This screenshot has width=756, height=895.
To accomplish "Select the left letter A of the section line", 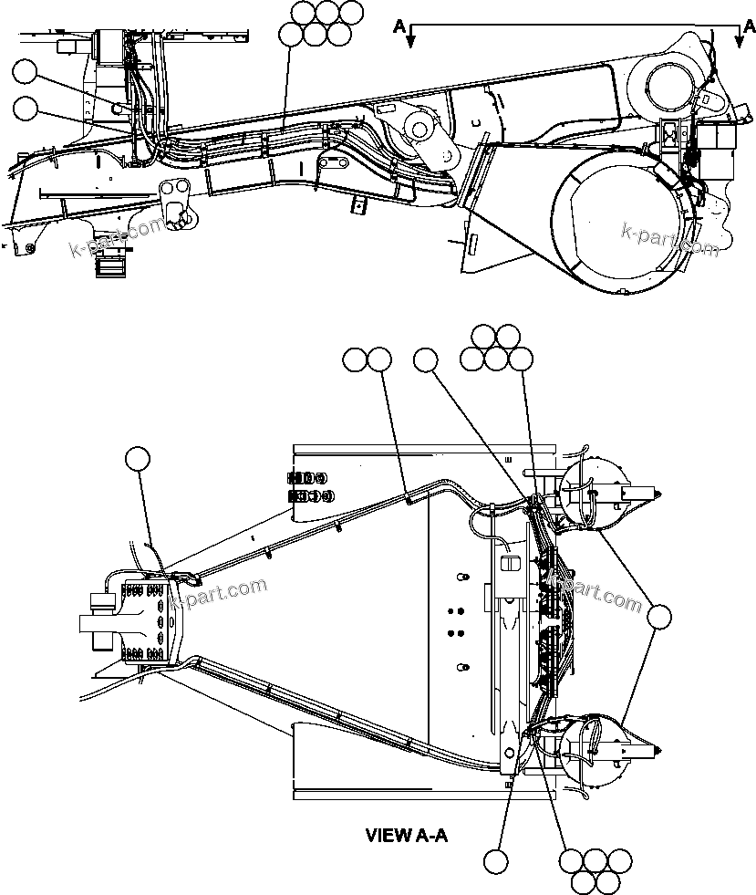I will pos(399,26).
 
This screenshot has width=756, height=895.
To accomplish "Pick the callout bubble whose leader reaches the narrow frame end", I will pos(137,460).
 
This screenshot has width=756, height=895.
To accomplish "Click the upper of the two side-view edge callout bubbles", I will pos(26,73).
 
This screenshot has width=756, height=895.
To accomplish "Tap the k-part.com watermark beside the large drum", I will pos(669,239).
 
